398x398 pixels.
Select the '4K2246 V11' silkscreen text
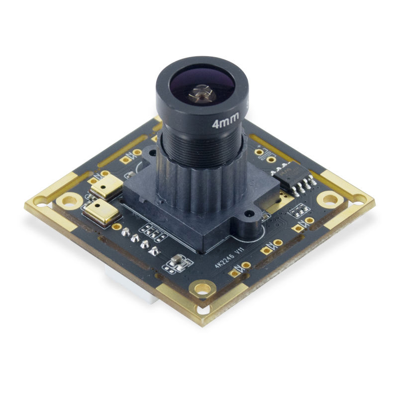[228, 258]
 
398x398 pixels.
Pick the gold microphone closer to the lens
[105, 184]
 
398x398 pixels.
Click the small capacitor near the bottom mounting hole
[178, 262]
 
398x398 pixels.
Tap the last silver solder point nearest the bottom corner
[155, 250]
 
